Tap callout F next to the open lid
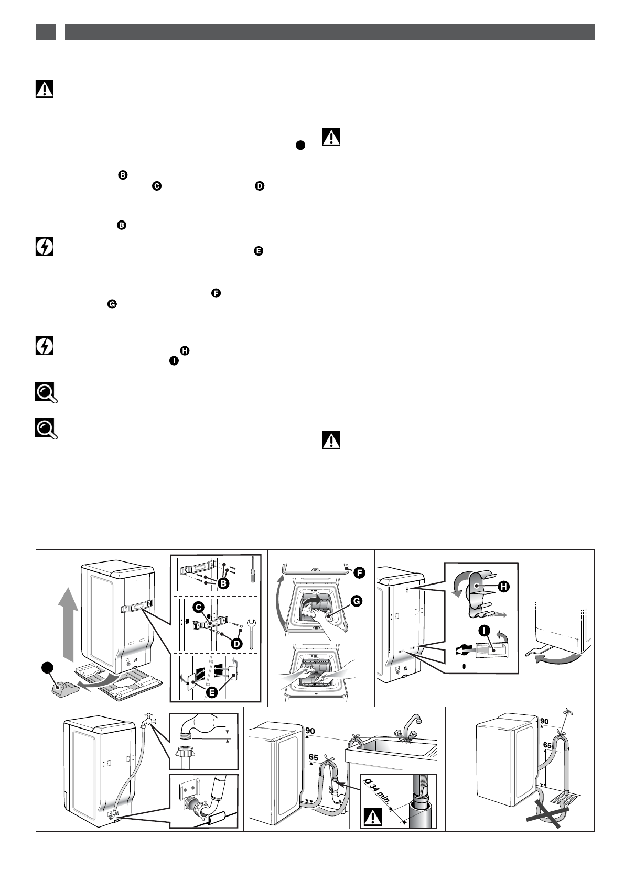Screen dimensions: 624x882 pos(359,572)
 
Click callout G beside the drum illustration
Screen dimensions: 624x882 pos(356,601)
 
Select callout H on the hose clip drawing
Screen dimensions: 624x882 pos(504,587)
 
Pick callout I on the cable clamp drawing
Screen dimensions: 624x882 pos(484,631)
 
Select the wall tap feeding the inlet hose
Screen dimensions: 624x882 pos(148,720)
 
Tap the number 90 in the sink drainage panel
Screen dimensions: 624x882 pos(310,731)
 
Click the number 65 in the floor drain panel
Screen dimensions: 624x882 pos(547,745)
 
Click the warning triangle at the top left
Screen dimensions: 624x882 pos(45,89)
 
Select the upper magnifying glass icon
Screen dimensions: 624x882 pos(46,393)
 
